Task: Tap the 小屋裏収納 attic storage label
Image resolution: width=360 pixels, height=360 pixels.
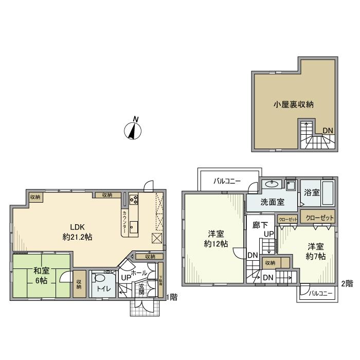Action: (293, 104)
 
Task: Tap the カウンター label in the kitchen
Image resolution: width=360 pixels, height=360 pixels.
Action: (125, 219)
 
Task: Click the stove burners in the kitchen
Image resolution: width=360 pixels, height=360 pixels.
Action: (134, 200)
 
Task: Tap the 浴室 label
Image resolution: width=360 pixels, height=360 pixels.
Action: (312, 192)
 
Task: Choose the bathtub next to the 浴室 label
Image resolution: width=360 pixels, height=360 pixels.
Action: (328, 193)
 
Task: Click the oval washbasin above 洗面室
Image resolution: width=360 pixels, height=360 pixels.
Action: (272, 184)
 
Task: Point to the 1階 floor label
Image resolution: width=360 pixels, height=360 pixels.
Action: (173, 296)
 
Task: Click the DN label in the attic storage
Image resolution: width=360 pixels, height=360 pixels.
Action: (327, 130)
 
